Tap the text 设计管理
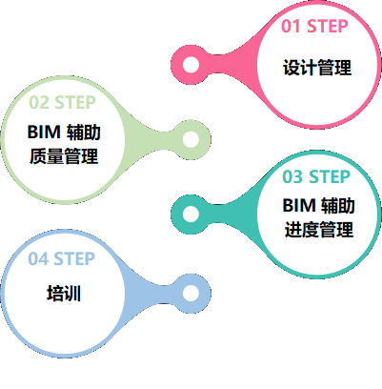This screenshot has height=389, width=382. click(x=317, y=68)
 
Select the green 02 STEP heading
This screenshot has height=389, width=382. click(x=63, y=102)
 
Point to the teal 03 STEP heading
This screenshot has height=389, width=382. click(x=317, y=176)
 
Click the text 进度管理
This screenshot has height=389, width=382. click(x=318, y=230)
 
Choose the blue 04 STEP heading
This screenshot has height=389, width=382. click(x=62, y=258)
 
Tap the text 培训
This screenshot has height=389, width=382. click(x=63, y=294)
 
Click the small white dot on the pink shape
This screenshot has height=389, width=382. click(x=191, y=65)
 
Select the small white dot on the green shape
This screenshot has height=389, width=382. click(x=191, y=139)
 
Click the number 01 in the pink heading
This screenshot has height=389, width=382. click(x=292, y=26)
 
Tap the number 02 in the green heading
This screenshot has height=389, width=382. click(x=39, y=102)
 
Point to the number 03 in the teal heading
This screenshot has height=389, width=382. click(x=293, y=176)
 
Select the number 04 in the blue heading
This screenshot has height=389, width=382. click(x=38, y=258)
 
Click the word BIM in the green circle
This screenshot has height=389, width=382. click(x=43, y=132)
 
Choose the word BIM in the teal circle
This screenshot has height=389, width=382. click(x=297, y=205)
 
